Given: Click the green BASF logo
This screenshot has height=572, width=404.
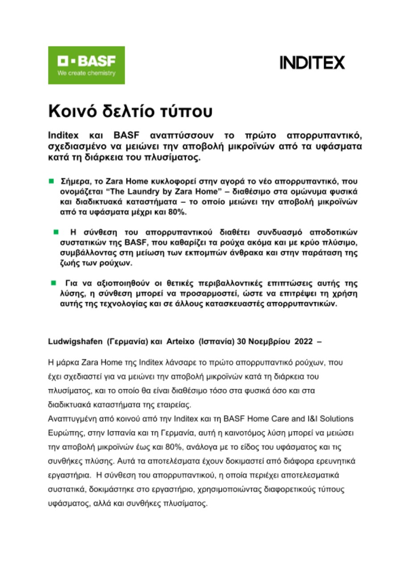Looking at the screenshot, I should pyautogui.click(x=86, y=65).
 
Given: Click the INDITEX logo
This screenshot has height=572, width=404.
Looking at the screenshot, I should pyautogui.click(x=312, y=63).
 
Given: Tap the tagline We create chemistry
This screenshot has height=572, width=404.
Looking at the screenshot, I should pyautogui.click(x=86, y=73).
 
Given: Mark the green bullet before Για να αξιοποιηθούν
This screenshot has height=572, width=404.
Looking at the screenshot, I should pyautogui.click(x=53, y=283).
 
